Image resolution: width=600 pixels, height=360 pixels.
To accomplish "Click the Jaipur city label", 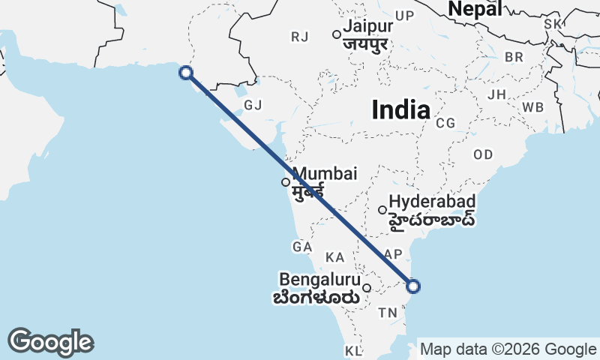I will coord(367,27).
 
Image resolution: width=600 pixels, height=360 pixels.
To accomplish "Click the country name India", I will coord(401,110).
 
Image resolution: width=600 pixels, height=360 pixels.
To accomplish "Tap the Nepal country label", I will coord(474,9).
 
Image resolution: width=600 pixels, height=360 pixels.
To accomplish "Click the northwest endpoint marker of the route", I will coord(186,72).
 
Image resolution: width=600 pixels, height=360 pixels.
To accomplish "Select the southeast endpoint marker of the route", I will coord(413,286).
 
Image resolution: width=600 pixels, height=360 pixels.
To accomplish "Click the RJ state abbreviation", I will coord(300,36).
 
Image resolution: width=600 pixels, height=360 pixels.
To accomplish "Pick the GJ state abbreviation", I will coord(253,105).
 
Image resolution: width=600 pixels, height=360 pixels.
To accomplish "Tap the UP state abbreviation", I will coord(404,16).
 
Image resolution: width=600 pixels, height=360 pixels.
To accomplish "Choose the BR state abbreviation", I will coord(514,57).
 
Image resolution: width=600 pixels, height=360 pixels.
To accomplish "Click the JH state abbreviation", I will coord(496,94).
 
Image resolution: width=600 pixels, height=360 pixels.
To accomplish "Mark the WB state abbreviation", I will coord(533,107).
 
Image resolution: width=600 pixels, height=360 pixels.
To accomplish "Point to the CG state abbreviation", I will coord(445,123).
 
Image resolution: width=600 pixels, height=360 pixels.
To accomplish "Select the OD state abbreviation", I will coord(483,154).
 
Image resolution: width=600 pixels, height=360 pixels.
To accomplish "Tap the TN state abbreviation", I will coord(388,312).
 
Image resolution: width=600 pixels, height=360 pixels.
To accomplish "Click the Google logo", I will coord(50,342).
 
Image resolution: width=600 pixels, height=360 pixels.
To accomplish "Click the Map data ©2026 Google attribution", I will coord(508,349).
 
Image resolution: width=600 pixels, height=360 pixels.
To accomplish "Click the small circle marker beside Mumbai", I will coord(286,181).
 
